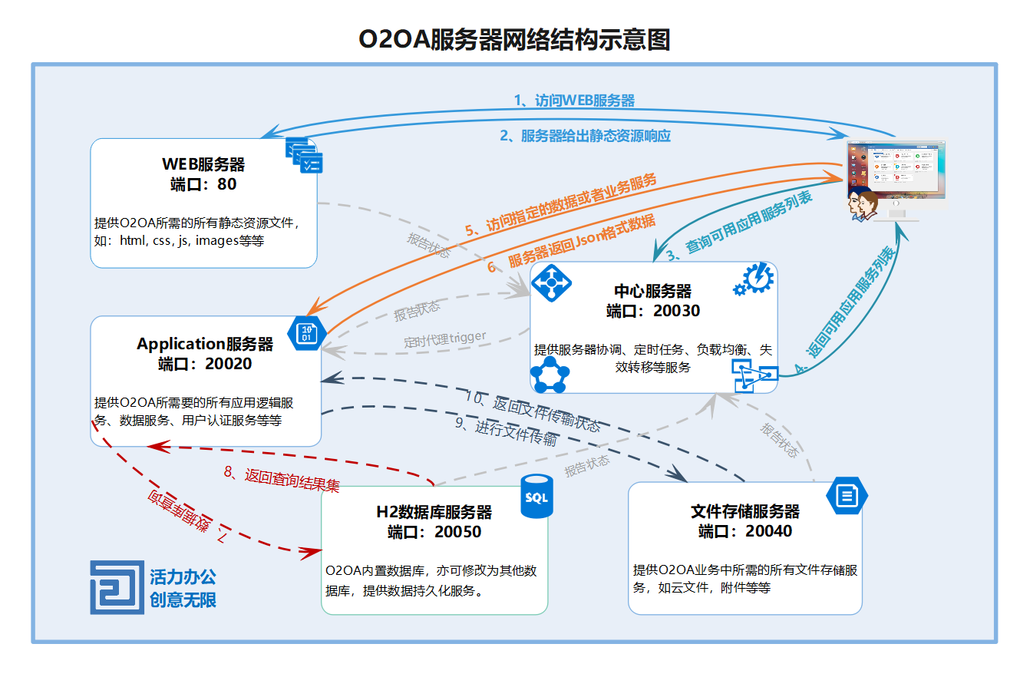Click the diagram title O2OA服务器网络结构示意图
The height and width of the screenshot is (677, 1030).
click(x=514, y=39)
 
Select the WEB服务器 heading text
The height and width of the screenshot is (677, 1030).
click(x=203, y=164)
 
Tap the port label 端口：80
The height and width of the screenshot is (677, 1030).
click(x=203, y=184)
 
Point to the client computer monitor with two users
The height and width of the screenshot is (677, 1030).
click(x=895, y=178)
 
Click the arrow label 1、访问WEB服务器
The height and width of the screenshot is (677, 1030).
click(x=574, y=101)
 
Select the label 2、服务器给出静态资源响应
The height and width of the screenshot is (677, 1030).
click(x=585, y=136)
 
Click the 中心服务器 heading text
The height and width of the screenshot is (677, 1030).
click(x=652, y=291)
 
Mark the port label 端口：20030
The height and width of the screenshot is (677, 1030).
click(x=652, y=311)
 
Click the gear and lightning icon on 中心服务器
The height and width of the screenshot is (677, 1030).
click(x=752, y=280)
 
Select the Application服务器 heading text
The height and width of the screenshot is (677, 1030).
click(x=205, y=344)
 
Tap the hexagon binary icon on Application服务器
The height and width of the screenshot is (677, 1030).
click(x=306, y=333)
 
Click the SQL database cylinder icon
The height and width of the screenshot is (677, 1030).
click(x=536, y=496)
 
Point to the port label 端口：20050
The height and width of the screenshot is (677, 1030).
click(x=434, y=532)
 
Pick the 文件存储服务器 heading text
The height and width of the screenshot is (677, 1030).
click(x=744, y=511)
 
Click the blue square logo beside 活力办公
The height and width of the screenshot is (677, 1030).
click(x=117, y=587)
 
